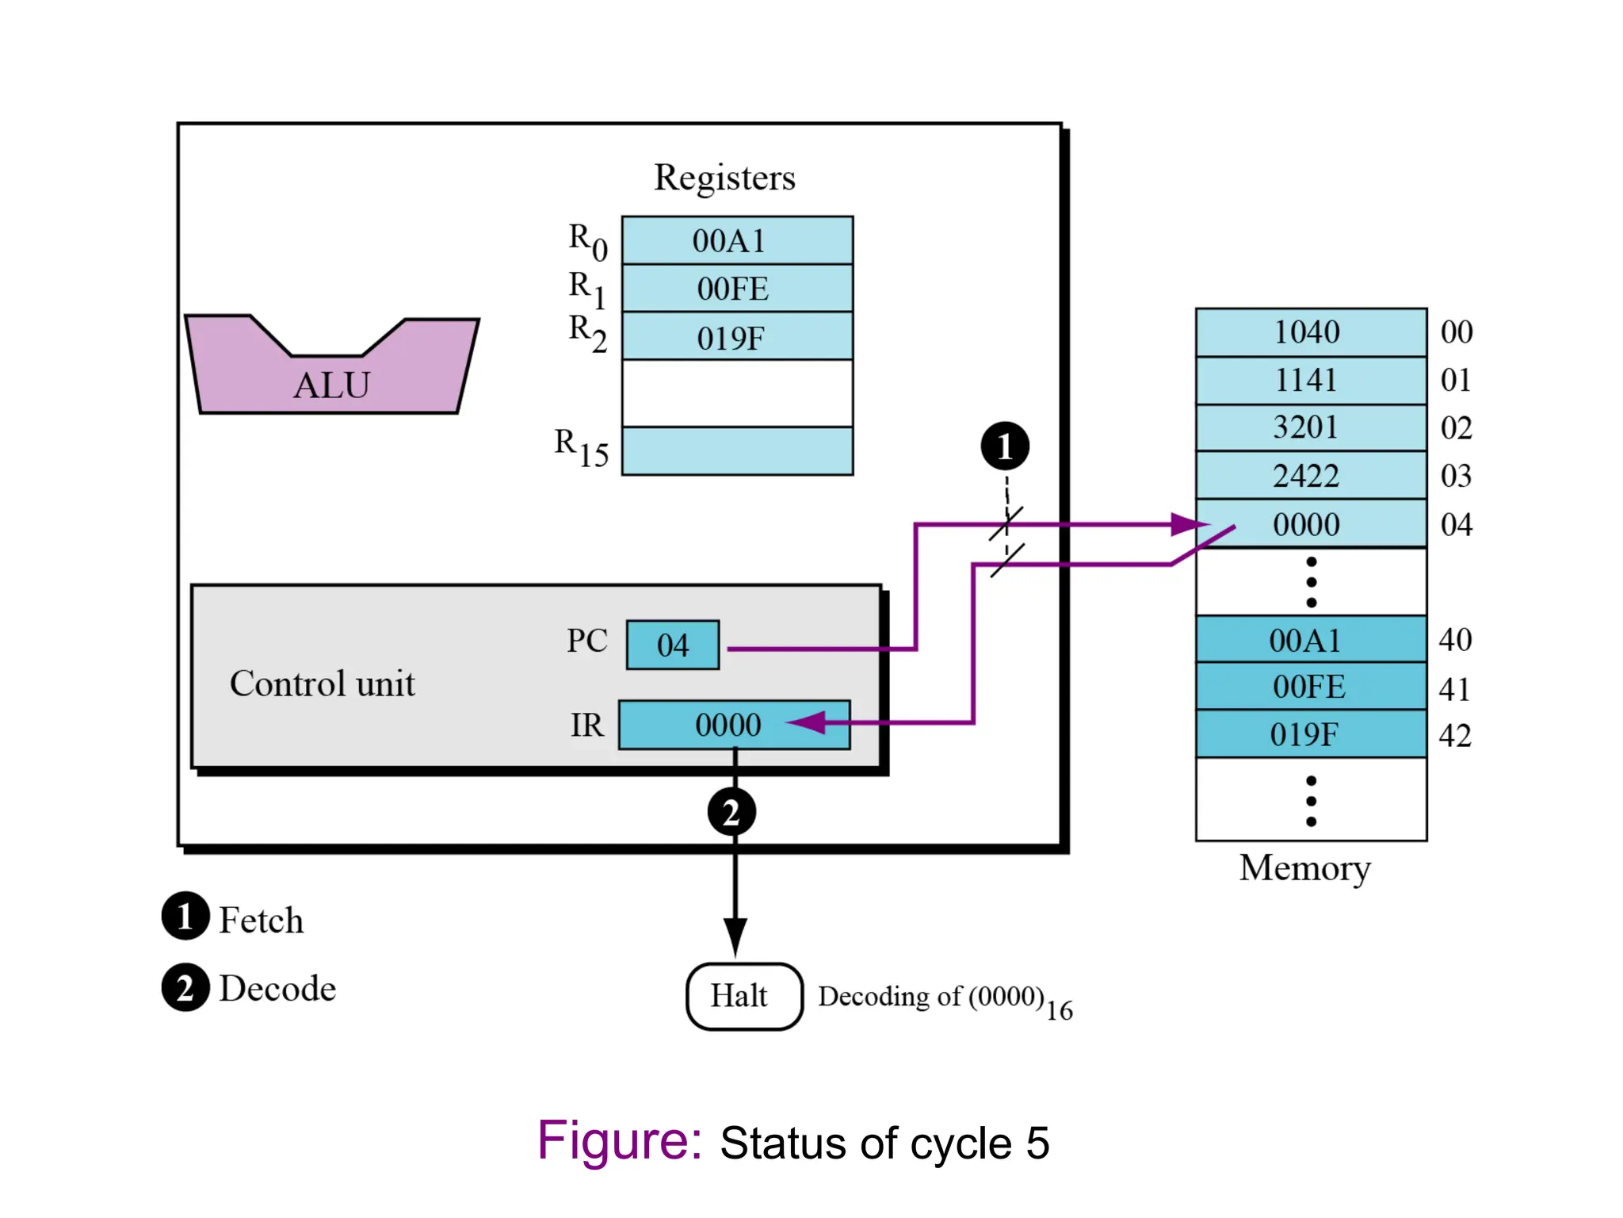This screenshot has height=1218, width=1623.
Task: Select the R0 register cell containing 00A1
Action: tap(737, 240)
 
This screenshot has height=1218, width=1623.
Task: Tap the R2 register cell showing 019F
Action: tap(737, 337)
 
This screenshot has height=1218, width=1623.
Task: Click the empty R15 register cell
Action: tap(737, 450)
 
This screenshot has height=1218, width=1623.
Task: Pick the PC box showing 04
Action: tap(672, 645)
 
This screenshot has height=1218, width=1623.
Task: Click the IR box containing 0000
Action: tap(733, 724)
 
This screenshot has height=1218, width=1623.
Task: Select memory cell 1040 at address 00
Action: tap(1310, 331)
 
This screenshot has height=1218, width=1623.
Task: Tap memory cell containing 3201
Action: tap(1310, 427)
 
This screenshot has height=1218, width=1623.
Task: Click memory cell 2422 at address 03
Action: tap(1310, 476)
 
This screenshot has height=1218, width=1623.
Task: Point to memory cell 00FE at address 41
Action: tap(1310, 687)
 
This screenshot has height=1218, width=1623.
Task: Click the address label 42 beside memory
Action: tap(1455, 735)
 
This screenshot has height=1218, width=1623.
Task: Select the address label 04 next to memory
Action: tap(1456, 524)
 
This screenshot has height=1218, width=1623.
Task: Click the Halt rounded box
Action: tap(743, 996)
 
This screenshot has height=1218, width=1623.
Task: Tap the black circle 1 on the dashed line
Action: tap(1004, 446)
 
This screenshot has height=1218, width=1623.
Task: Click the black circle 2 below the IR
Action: tap(731, 812)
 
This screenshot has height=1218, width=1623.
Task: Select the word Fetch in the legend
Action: tap(261, 920)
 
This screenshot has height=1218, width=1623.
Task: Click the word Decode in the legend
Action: tap(277, 988)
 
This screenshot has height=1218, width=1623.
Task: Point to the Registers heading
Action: tap(724, 178)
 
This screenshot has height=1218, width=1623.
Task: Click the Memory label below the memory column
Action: tap(1304, 868)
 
